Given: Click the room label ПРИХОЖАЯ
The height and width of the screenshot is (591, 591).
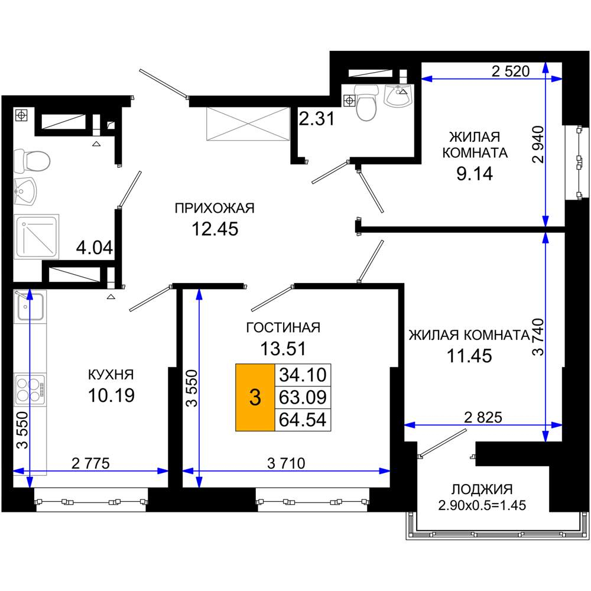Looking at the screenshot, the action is (x=215, y=209).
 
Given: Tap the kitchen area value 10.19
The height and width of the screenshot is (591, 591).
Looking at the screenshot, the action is (x=111, y=395).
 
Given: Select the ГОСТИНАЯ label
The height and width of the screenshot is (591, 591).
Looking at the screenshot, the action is (x=283, y=328).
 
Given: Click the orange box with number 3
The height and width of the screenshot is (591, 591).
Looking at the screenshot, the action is (x=255, y=397).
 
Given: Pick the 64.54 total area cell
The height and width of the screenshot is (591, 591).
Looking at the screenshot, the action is (x=303, y=420).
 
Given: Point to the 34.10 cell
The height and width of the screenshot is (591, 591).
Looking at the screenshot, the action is (x=303, y=375).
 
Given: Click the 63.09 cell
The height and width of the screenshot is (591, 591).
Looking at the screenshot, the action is (x=303, y=397).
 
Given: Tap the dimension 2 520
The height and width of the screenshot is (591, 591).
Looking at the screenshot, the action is (x=511, y=72).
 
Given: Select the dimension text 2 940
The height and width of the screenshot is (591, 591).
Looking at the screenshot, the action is (x=538, y=144).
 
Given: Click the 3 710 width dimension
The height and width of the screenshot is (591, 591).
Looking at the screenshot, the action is (x=286, y=463).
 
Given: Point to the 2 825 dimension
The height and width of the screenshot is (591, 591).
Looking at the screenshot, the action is (x=483, y=418).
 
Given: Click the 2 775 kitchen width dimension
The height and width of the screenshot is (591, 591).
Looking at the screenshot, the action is (x=90, y=463).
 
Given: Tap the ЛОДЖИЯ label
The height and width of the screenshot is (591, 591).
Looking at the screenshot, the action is (x=482, y=489).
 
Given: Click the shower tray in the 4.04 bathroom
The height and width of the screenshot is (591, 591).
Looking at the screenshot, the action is (x=37, y=237).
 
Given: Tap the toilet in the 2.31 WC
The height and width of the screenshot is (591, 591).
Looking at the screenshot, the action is (x=367, y=102).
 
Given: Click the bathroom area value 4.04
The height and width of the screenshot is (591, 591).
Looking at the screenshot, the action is (x=94, y=248).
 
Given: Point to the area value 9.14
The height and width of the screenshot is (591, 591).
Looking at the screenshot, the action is (x=475, y=174).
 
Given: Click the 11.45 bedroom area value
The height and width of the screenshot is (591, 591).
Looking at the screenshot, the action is (x=469, y=356).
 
